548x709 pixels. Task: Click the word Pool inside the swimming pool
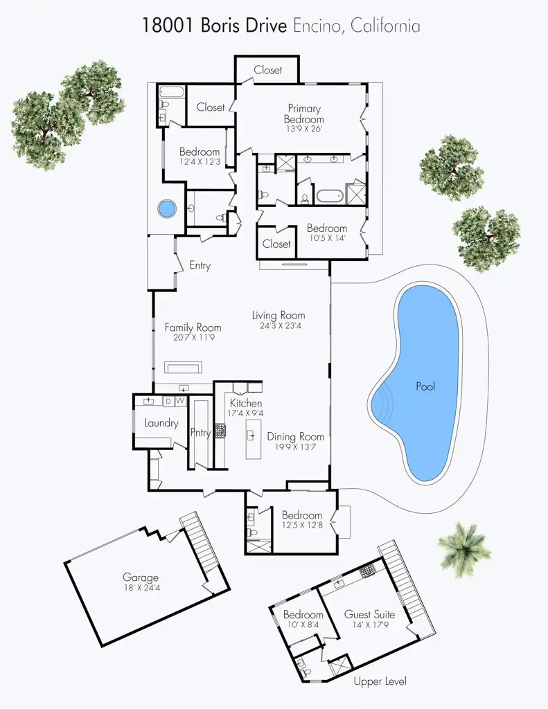point(425,386)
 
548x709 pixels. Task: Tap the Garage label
point(141,577)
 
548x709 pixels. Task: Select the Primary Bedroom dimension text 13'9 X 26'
point(303,129)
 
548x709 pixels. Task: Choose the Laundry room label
point(161,423)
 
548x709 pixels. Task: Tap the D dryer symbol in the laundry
point(168,401)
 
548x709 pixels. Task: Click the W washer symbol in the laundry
point(179,401)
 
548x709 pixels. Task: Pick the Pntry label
point(200,433)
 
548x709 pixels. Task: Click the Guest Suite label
point(369,614)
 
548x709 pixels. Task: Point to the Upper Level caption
point(379,681)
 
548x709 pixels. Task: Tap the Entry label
point(200,266)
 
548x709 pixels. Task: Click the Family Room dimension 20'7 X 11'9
point(193,338)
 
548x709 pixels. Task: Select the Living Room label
point(278,316)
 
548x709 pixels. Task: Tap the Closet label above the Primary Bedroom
point(267,70)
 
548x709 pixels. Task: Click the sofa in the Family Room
point(183,367)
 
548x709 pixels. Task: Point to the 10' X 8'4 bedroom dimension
point(303,625)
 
